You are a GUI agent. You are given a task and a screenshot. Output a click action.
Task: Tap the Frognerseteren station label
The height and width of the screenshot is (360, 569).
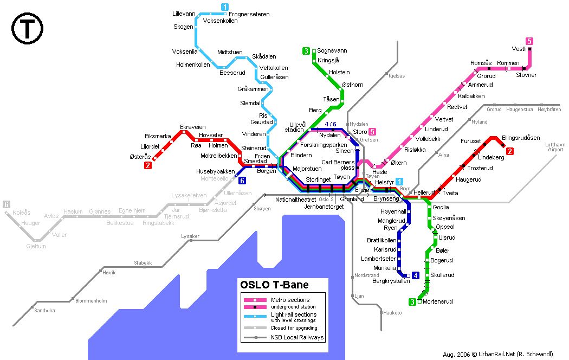coord(249,14)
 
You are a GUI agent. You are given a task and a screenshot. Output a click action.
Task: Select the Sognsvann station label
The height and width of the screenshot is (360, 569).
coord(332,50)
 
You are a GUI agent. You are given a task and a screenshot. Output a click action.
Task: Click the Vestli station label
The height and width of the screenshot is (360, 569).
coord(519,49)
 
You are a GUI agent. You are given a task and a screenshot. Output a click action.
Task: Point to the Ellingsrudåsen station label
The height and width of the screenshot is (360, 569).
coord(521,138)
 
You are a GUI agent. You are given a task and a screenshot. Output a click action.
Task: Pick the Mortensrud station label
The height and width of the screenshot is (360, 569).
coord(437,301)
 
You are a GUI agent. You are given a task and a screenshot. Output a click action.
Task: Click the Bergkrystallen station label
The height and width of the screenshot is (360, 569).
coord(391,281)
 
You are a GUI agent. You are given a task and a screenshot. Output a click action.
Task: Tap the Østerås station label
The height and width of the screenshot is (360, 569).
coord(139,157)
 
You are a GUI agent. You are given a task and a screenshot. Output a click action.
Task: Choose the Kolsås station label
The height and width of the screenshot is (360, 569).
coord(21,213)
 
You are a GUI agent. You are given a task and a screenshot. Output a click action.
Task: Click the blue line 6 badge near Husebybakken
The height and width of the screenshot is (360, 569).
coord(242,181)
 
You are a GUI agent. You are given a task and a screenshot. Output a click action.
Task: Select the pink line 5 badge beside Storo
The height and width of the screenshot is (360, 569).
coord(372,132)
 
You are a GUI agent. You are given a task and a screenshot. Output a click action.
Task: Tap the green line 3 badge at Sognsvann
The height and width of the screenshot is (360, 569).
coord(306,52)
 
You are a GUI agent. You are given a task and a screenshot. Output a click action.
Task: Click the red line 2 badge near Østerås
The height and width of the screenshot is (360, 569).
coord(147,165)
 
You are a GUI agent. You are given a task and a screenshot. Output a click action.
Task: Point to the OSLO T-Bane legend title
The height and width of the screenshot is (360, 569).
coord(274,285)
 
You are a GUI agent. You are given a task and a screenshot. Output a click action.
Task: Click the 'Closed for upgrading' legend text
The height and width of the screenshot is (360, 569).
coord(294,328)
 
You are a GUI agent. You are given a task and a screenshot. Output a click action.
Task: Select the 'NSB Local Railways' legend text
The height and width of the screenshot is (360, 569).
coord(297,337)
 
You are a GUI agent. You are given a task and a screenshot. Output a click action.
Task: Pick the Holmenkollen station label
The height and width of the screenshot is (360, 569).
coord(193,65)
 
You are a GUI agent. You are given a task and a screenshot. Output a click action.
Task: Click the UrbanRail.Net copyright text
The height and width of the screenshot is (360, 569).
coord(497,353)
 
